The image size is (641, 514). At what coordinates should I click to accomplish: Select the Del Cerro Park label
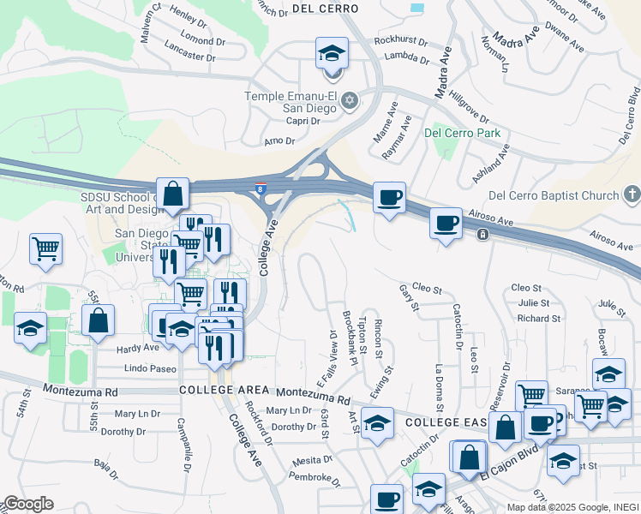(x=462, y=133)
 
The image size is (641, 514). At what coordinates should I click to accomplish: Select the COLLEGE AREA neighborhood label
(x=230, y=390)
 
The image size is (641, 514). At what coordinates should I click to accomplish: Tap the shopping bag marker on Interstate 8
(x=172, y=194)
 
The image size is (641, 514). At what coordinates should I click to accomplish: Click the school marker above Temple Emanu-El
(x=330, y=54)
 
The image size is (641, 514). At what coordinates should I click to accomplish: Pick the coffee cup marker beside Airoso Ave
(x=445, y=224)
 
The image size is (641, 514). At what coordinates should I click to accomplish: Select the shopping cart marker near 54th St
(x=45, y=248)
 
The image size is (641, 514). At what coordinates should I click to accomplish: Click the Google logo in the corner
(x=29, y=504)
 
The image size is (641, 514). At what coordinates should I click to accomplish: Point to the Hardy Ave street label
(x=137, y=348)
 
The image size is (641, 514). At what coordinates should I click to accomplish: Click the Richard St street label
(x=539, y=319)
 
